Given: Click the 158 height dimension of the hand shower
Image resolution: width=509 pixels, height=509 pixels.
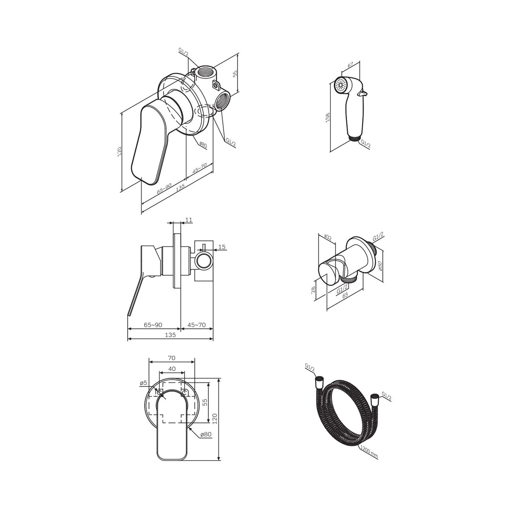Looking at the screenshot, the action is pyautogui.click(x=328, y=117).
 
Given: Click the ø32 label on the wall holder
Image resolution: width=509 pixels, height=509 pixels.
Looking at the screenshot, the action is pyautogui.click(x=328, y=237).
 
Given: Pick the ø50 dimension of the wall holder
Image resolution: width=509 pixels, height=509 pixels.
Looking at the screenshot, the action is pyautogui.click(x=380, y=266).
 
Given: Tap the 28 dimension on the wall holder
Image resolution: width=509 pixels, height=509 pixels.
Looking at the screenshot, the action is pyautogui.click(x=313, y=290).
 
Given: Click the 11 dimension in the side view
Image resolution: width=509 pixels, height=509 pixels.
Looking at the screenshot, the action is pyautogui.click(x=189, y=220).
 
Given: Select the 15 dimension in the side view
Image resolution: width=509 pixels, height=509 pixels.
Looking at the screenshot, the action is pyautogui.click(x=222, y=247).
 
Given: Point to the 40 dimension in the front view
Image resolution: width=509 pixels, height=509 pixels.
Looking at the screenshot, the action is pyautogui.click(x=172, y=369).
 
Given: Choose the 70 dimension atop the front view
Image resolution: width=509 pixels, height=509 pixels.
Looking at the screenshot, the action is pyautogui.click(x=171, y=358).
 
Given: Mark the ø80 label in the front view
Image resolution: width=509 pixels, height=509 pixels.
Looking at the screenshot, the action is pyautogui.click(x=206, y=434).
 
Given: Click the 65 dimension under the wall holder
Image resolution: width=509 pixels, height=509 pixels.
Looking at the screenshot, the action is pyautogui.click(x=345, y=295).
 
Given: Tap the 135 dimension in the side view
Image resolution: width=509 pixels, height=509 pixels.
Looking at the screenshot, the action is pyautogui.click(x=171, y=335).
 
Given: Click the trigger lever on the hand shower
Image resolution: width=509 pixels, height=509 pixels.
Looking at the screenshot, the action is pyautogui.click(x=362, y=93).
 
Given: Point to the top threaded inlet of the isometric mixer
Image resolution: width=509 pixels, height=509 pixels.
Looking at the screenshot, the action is pyautogui.click(x=206, y=71).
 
